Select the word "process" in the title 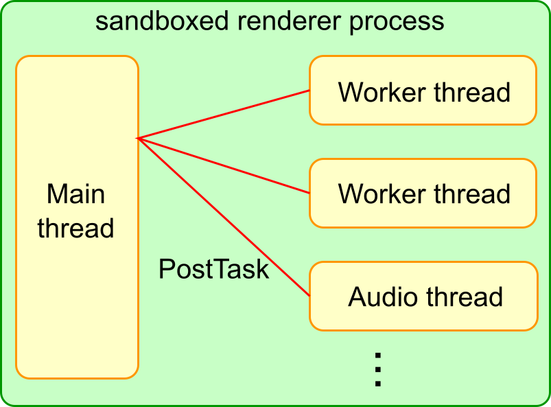(x=396, y=22)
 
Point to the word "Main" (x=75, y=194)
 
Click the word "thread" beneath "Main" (x=75, y=228)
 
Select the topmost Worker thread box (x=422, y=91)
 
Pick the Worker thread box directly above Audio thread (x=422, y=194)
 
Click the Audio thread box (x=422, y=296)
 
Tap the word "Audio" (x=384, y=296)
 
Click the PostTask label (x=213, y=269)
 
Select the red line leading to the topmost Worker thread (x=224, y=115)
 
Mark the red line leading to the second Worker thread (x=224, y=166)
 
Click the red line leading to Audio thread (x=224, y=217)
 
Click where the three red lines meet (x=139, y=139)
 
